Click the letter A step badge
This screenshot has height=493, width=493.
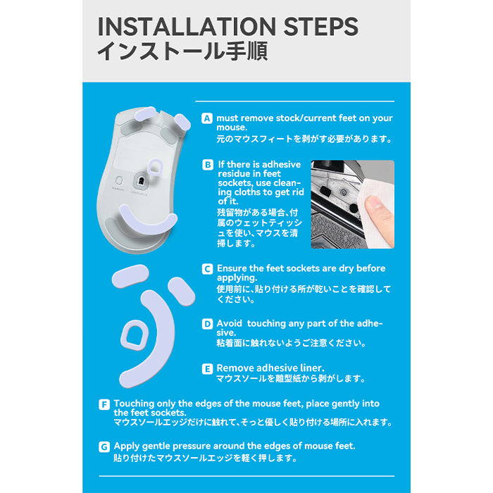tap(206, 118)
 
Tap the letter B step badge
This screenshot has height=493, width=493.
tap(208, 165)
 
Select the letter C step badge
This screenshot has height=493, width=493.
tap(207, 269)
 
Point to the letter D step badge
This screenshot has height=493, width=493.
tap(207, 324)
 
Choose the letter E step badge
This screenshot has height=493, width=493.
tap(207, 368)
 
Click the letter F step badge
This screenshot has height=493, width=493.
tap(104, 404)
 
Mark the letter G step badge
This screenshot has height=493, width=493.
tap(104, 447)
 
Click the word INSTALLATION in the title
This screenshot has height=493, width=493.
tap(187, 27)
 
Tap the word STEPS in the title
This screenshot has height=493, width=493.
tap(320, 27)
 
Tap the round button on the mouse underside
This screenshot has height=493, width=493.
tap(119, 180)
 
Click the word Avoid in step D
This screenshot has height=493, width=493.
tap(229, 323)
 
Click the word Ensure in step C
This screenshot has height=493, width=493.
tap(232, 268)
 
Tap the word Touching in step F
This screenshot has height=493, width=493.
tap(134, 404)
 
